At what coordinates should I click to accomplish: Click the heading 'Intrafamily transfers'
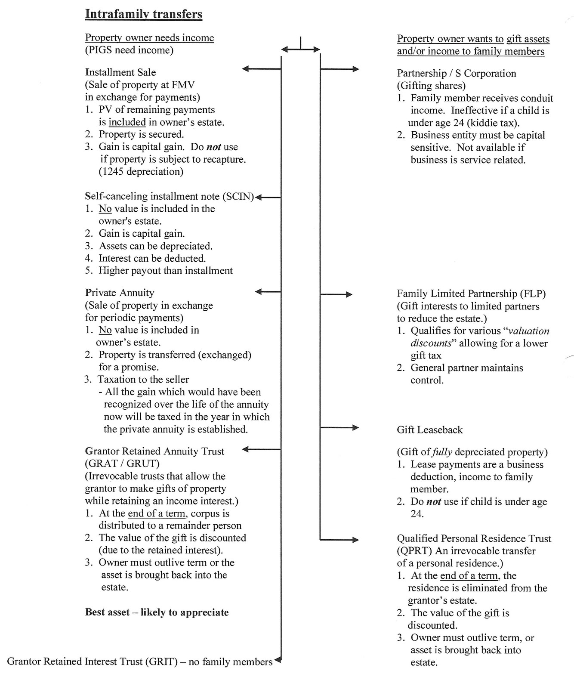click(143, 14)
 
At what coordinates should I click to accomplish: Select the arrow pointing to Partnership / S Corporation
click(339, 69)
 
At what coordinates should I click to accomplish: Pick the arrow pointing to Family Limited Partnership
click(336, 294)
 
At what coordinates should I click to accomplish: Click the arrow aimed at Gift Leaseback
click(339, 427)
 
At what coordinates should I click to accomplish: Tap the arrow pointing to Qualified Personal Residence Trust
click(339, 539)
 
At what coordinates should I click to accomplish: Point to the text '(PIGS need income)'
click(129, 50)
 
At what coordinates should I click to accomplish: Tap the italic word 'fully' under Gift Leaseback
click(442, 452)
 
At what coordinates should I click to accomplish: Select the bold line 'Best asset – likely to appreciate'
click(157, 612)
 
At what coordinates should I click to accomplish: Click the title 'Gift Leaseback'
click(429, 430)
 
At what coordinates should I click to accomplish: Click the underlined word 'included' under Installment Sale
click(127, 122)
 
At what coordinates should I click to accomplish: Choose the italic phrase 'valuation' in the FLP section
click(529, 331)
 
